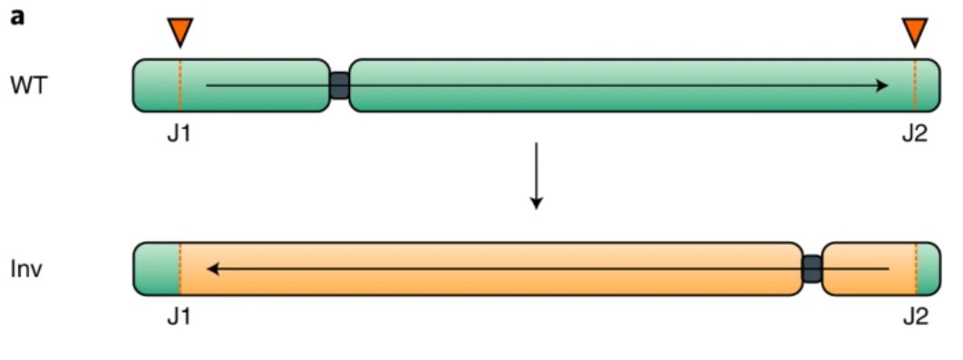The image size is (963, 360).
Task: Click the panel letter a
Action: [x=17, y=18]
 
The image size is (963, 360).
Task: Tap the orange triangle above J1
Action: [x=180, y=32]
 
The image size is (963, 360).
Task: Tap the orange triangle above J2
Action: [x=915, y=32]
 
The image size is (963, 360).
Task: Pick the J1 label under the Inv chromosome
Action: [x=180, y=316]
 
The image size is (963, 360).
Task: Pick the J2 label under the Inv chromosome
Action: [x=915, y=316]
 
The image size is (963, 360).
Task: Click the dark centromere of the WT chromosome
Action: [x=339, y=85]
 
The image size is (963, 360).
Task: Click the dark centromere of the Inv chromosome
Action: [x=812, y=268]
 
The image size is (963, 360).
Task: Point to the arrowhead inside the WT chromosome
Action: [x=881, y=85]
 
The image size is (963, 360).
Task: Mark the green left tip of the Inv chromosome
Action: [x=157, y=268]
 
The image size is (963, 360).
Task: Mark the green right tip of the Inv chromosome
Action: [x=929, y=268]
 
